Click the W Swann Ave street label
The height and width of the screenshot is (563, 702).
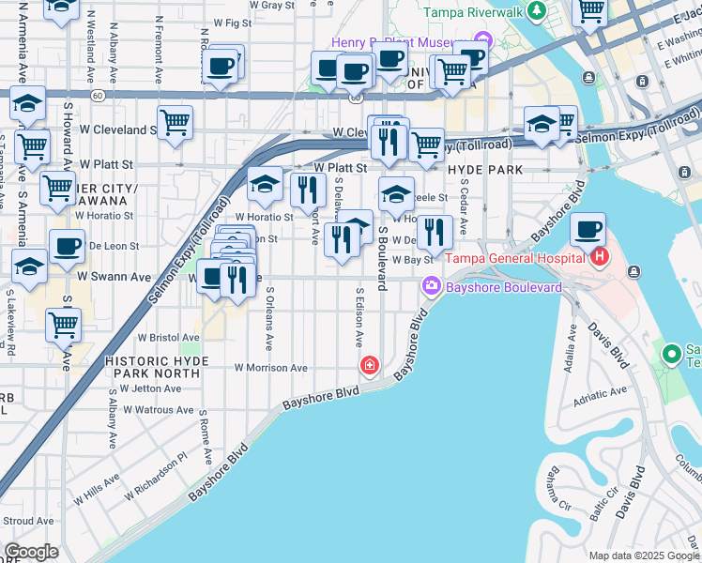pos(114,277)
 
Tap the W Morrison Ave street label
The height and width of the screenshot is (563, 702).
pos(271,368)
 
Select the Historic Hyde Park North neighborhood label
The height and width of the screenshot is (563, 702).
pos(153,366)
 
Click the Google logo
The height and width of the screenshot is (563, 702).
pos(31,552)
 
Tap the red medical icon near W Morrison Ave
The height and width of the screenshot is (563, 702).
pos(370,365)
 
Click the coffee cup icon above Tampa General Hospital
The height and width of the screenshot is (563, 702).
pos(588,230)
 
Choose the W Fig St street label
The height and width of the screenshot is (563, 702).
pos(232,21)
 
